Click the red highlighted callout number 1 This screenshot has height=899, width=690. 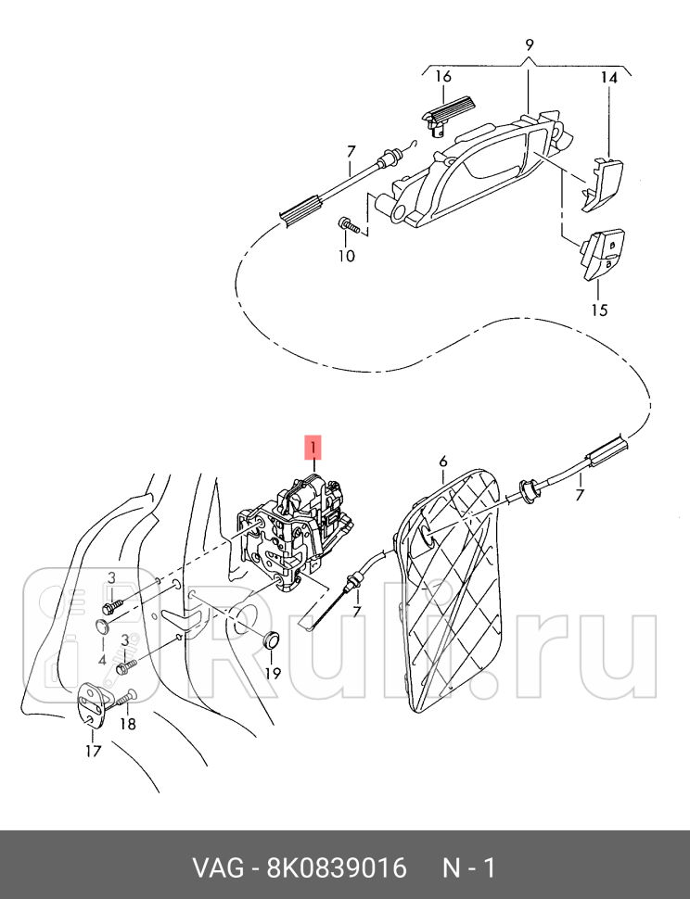[x=314, y=449]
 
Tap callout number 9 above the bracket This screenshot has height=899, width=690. [x=530, y=44]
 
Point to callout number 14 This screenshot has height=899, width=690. [x=607, y=79]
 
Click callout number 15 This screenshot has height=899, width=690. [x=599, y=310]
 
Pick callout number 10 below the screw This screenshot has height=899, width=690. [x=345, y=256]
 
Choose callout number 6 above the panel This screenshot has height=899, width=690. [x=443, y=461]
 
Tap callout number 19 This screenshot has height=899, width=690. [x=272, y=673]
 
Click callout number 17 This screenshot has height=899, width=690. [x=94, y=751]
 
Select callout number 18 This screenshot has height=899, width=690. [x=128, y=724]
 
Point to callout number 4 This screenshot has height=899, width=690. [x=102, y=659]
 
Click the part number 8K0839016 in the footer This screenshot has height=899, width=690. [x=337, y=868]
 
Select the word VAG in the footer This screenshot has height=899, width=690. [x=213, y=868]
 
